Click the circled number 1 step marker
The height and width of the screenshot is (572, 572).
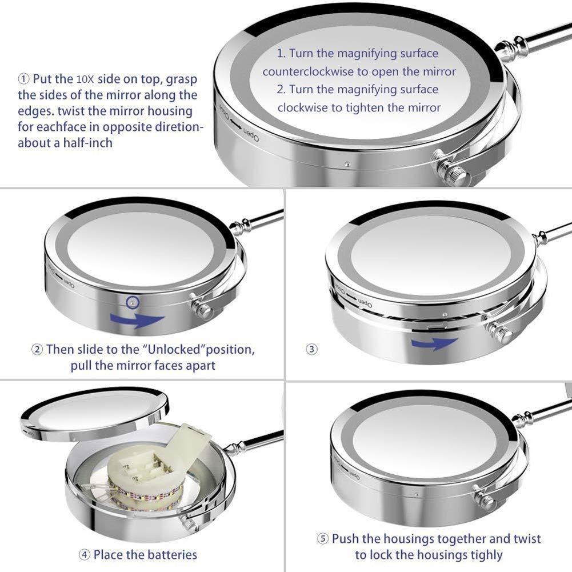(x=23, y=79)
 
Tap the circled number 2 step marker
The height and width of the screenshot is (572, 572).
(x=37, y=350)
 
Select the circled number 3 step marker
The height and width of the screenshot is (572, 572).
(x=311, y=350)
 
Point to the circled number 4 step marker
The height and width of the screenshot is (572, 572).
(x=84, y=555)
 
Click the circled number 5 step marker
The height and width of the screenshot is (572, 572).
(x=322, y=539)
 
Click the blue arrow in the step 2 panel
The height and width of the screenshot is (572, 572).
(x=137, y=320)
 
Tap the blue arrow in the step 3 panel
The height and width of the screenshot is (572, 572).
(x=434, y=343)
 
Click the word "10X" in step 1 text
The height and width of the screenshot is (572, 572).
(x=85, y=79)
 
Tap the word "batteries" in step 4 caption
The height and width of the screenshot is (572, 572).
(x=170, y=555)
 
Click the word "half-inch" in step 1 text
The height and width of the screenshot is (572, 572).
(x=88, y=143)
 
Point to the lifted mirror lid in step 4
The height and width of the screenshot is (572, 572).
(x=95, y=415)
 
